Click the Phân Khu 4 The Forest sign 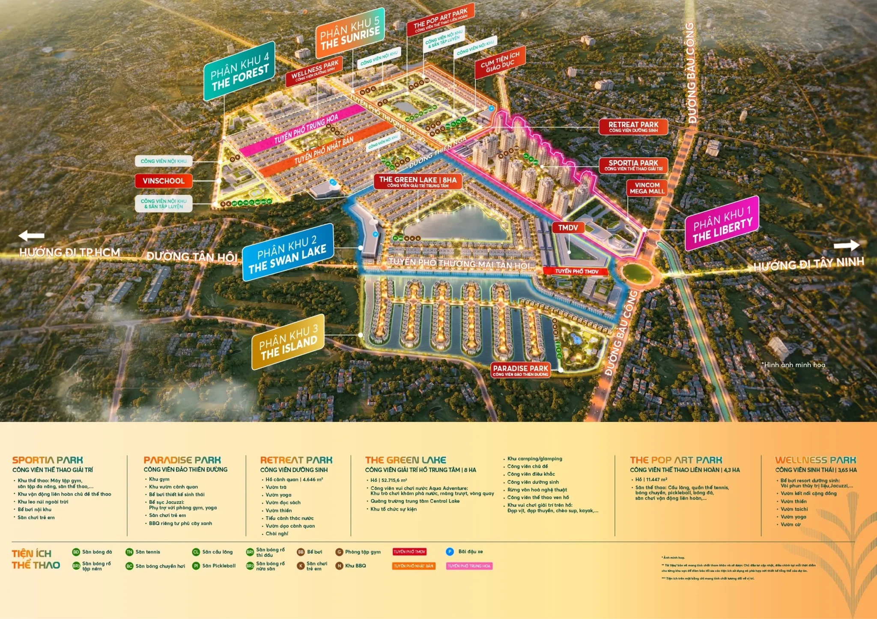click(x=239, y=71)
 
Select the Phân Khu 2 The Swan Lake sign click(x=288, y=253)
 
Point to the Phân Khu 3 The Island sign click(x=288, y=342)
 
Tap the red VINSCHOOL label click(x=164, y=181)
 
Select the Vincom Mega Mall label click(x=647, y=188)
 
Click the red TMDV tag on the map click(x=568, y=228)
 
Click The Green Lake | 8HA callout click(x=418, y=182)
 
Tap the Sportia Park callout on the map click(x=633, y=165)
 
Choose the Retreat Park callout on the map click(x=633, y=126)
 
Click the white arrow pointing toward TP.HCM click(x=31, y=236)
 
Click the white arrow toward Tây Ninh click(x=847, y=245)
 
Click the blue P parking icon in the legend click(x=450, y=552)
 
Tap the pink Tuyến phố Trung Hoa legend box click(x=469, y=566)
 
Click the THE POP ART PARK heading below click(x=676, y=460)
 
